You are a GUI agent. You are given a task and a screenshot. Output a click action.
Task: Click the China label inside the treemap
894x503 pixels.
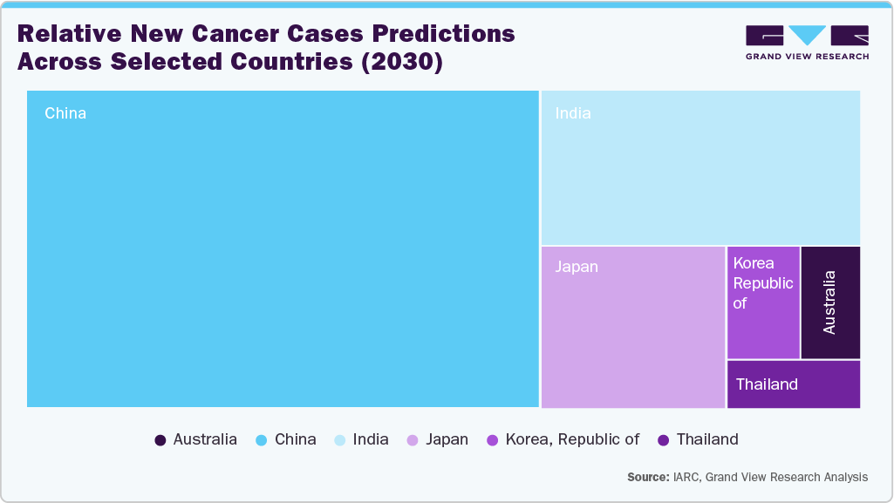(65, 113)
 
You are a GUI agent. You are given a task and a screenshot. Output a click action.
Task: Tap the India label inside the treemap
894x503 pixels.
(573, 113)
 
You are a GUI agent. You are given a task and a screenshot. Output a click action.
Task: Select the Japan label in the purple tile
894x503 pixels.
(577, 267)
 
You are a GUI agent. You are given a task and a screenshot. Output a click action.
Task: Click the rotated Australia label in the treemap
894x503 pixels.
(829, 302)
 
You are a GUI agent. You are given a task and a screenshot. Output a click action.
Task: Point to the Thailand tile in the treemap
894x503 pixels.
(793, 384)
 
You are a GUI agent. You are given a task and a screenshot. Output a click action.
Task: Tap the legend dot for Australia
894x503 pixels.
(160, 440)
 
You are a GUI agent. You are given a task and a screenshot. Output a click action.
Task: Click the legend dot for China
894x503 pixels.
(262, 440)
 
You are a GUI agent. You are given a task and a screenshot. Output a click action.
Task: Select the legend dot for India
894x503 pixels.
(340, 440)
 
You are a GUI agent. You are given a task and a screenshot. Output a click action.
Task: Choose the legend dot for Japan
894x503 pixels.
(413, 440)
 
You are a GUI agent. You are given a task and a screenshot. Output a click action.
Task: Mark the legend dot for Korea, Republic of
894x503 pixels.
(493, 440)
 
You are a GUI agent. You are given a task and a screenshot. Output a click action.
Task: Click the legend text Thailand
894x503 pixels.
(707, 440)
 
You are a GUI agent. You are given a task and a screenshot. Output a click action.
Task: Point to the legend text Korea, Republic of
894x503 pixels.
(572, 440)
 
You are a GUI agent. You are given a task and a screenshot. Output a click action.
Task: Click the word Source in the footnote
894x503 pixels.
(647, 477)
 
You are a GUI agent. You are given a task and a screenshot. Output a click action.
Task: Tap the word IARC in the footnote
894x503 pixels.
(686, 477)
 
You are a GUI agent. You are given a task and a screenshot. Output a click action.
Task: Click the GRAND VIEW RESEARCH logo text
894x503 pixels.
(807, 57)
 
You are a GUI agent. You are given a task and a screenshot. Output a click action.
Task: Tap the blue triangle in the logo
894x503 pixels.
(808, 35)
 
